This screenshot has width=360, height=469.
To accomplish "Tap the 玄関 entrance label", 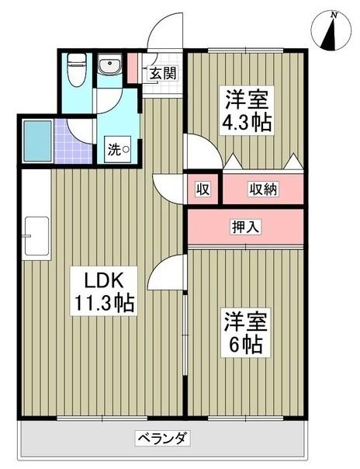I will coord(163,74).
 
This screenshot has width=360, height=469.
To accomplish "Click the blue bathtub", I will coord(36,141).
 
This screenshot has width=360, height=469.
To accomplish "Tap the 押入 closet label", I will coord(246,228).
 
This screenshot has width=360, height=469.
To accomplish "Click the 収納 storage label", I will coord(263,189).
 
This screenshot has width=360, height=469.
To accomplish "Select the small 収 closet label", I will coord(202,189).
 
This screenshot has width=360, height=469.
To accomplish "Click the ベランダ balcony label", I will coord(162,436).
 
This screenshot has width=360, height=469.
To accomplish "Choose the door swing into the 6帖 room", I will coord(170,273).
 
